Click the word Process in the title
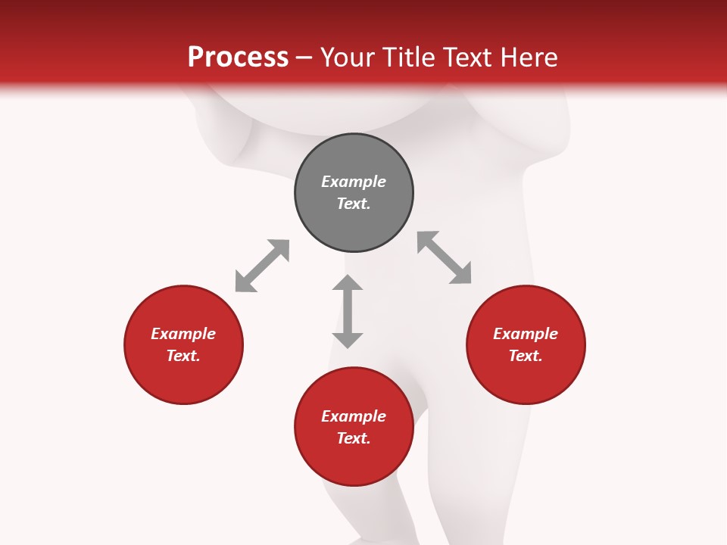tap(238, 58)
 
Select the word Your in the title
tap(348, 58)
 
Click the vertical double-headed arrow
tap(348, 311)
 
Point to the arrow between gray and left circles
tap(262, 266)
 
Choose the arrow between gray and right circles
tap(445, 257)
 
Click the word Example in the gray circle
tap(354, 182)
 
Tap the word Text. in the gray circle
tap(354, 204)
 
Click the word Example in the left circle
tap(183, 334)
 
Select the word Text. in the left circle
tap(183, 356)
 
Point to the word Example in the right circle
tap(526, 334)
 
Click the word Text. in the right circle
tap(526, 356)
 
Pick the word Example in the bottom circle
tap(354, 416)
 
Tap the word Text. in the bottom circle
tap(354, 438)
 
